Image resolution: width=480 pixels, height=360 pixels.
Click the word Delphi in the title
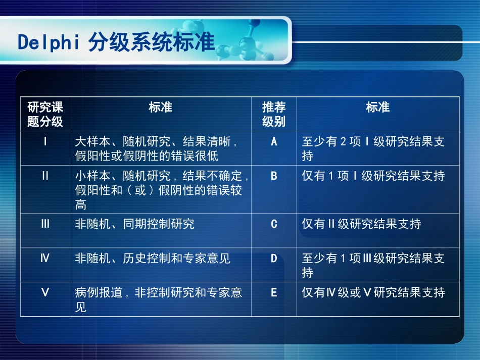pos(49,43)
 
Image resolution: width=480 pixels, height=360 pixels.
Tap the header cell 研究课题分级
pos(45,114)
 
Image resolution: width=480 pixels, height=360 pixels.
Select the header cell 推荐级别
pos(274,114)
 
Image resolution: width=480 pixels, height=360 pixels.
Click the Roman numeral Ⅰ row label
pos(45,141)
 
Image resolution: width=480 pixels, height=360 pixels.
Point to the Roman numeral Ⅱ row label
pos(45,176)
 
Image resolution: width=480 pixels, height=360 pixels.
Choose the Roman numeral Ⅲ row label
pos(45,224)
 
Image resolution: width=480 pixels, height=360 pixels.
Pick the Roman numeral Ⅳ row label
pos(45,259)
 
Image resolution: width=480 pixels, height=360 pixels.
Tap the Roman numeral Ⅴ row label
pos(45,292)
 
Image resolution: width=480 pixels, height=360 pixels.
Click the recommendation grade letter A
pos(274,141)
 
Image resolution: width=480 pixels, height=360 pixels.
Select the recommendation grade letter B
pos(274,176)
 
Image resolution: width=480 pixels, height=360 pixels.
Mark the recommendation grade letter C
pos(274,224)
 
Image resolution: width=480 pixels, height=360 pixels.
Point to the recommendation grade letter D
pos(274,259)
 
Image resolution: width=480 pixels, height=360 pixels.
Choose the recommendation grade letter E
pos(274,292)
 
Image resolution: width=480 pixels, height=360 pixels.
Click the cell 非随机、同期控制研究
pos(134,224)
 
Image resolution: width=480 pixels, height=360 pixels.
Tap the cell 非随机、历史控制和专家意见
pos(153,259)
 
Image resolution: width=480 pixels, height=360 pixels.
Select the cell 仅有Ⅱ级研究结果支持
pos(361,224)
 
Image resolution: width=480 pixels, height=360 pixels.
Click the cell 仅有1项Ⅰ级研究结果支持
pos(373,176)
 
